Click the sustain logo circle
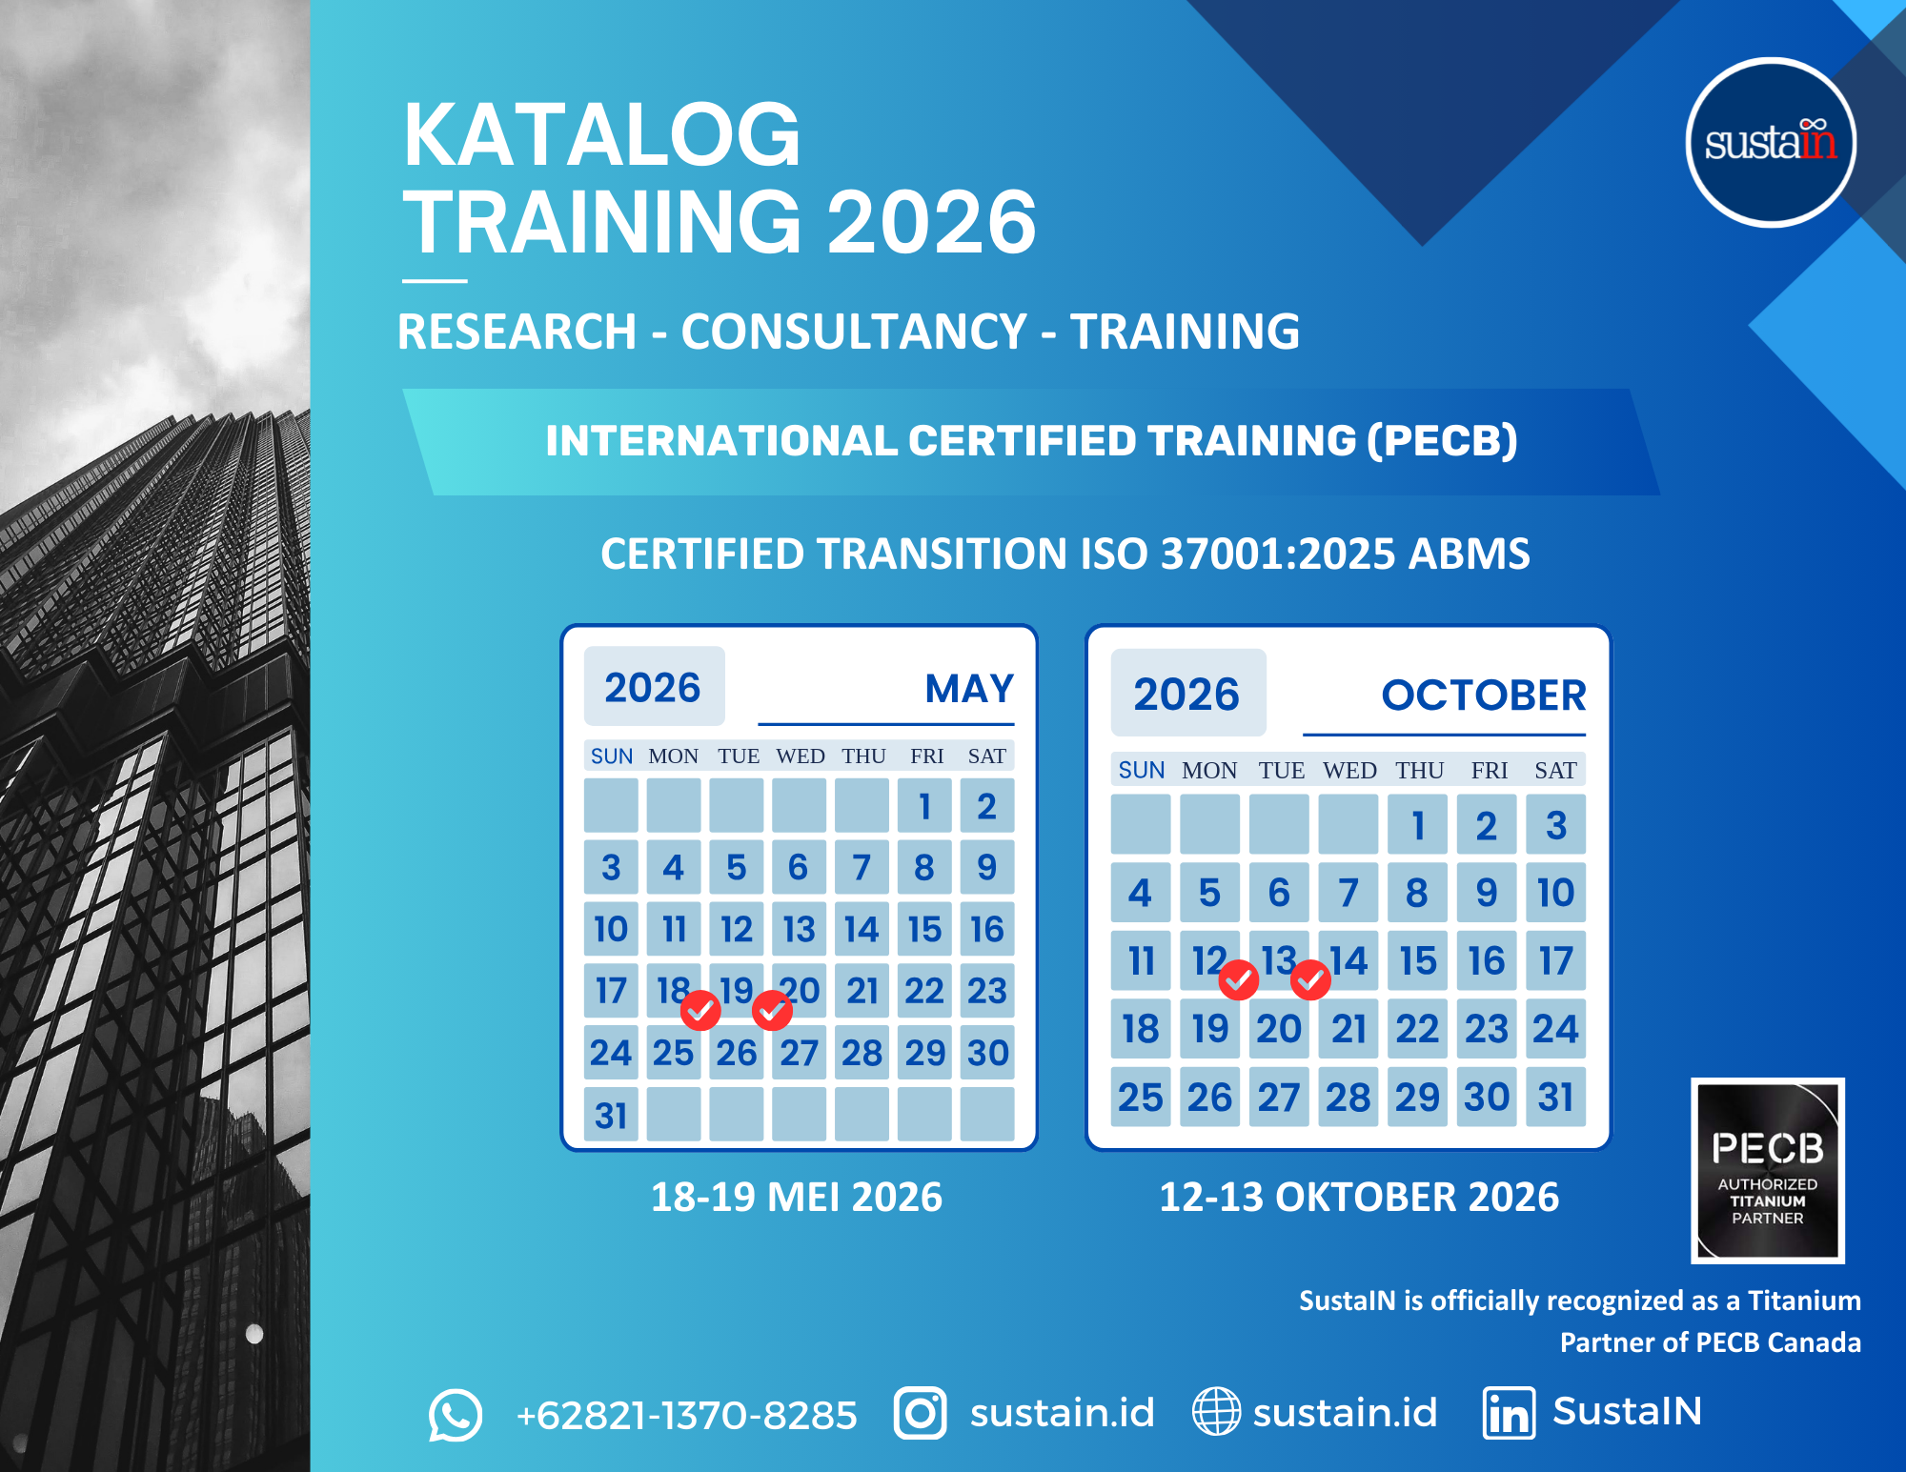coord(1771,143)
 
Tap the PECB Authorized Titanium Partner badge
coord(1768,1171)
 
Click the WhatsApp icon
coord(455,1415)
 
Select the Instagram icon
coord(920,1413)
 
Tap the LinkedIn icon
coord(1509,1413)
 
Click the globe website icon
coord(1217,1411)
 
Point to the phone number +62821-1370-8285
coord(686,1416)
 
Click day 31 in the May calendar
coord(611,1115)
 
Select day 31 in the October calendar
coord(1555,1097)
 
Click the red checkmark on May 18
coord(700,1011)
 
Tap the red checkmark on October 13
coord(1310,979)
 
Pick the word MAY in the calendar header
coord(969,689)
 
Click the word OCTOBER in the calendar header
coord(1484,696)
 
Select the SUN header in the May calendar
coord(612,756)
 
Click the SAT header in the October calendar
coord(1555,771)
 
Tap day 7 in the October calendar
coord(1348,893)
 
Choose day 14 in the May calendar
coord(862,929)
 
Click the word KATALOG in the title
coord(601,135)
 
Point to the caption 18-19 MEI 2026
coord(797,1198)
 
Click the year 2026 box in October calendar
coord(1188,693)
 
